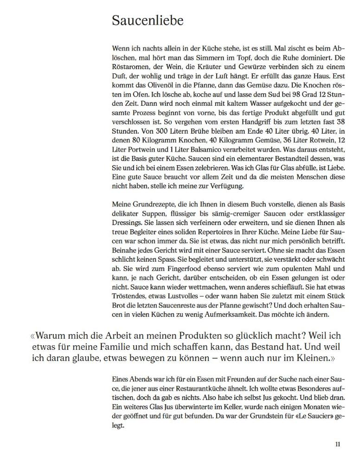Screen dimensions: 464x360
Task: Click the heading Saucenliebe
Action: [x=148, y=21]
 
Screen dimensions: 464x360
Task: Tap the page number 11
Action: [x=338, y=444]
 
